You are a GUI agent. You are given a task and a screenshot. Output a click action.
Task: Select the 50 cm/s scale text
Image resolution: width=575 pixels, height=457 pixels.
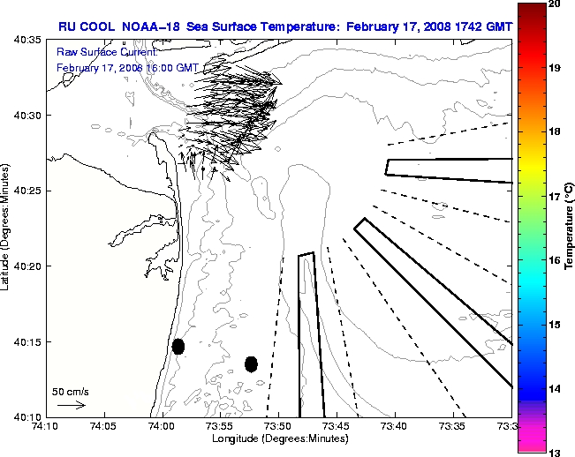tap(70, 390)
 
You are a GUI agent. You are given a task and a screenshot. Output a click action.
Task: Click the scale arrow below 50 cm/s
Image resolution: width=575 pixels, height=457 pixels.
tap(71, 405)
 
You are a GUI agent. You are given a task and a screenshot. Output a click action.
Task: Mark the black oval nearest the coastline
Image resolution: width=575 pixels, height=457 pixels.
tap(178, 346)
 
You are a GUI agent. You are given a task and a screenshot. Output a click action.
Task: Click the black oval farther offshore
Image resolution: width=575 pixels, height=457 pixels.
tap(251, 363)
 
